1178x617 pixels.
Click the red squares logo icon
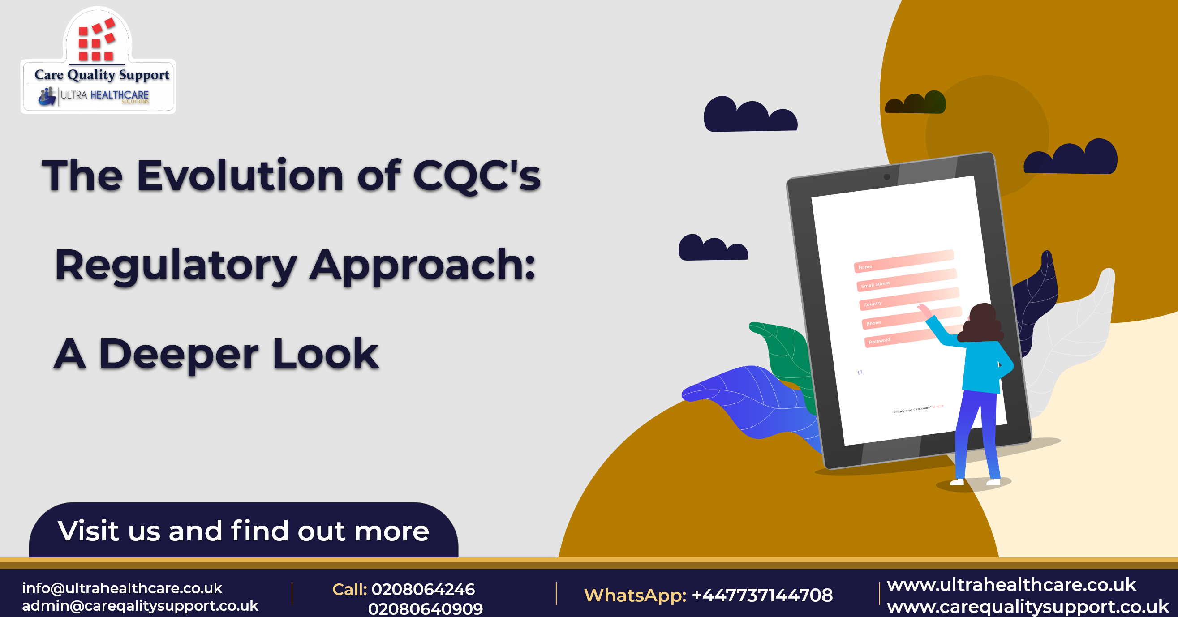96,40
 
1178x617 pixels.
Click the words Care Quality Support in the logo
102,75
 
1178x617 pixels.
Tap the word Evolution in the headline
240,176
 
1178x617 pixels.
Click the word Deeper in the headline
179,354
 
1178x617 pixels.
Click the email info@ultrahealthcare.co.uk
122,588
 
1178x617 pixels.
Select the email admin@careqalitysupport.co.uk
140,606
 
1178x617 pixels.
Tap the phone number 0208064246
423,590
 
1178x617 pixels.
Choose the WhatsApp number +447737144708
762,596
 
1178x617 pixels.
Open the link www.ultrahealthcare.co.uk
1011,585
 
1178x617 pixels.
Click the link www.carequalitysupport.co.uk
1027,607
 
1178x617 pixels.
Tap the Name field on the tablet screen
903,261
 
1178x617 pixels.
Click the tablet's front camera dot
887,177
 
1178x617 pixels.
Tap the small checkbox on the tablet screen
860,373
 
